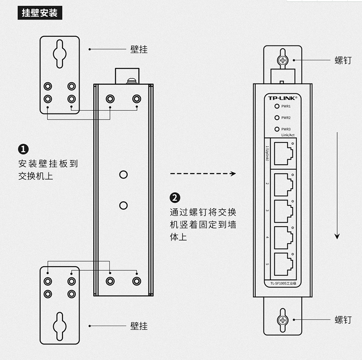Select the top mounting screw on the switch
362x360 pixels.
pyautogui.click(x=282, y=60)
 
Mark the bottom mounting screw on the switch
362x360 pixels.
pyautogui.click(x=282, y=320)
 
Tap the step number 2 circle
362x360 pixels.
pyautogui.click(x=175, y=198)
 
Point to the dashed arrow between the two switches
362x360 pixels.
pyautogui.click(x=202, y=174)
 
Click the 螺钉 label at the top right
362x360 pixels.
pyautogui.click(x=343, y=60)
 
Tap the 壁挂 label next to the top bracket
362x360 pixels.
pyautogui.click(x=139, y=49)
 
